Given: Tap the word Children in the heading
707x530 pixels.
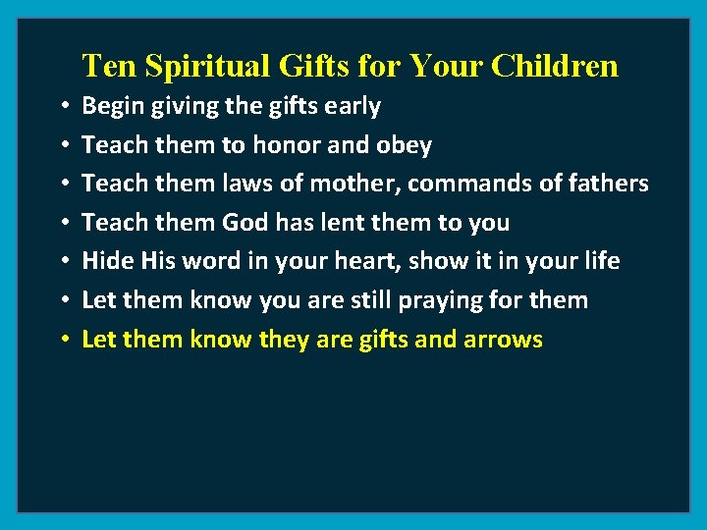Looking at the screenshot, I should coord(555,66).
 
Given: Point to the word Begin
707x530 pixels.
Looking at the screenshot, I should coord(112,106).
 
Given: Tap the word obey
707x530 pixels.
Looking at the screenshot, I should coord(404,145).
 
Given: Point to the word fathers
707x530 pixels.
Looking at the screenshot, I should coord(606,184).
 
